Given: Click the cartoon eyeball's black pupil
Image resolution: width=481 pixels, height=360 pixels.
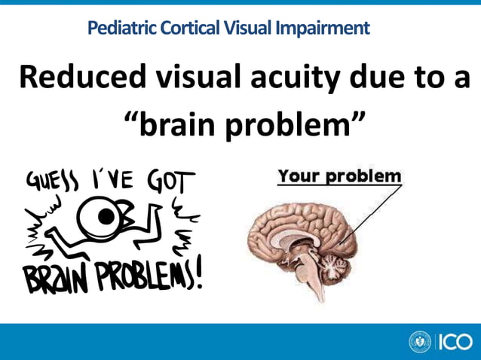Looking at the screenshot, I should point(107,218).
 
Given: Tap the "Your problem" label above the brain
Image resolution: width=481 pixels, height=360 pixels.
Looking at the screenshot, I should point(339,177).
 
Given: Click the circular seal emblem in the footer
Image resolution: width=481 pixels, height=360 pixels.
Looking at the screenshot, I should point(419,342).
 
